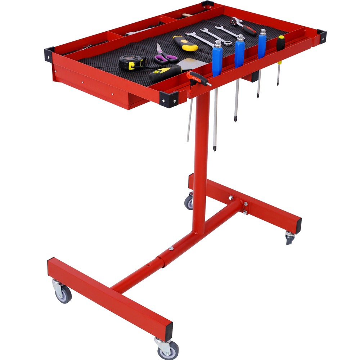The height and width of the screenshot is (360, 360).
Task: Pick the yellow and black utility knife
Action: (185, 43)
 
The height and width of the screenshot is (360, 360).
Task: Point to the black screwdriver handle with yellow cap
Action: (280, 43)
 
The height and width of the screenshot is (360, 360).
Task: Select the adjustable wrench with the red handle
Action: (244, 26)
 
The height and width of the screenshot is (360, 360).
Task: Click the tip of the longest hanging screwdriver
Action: (215, 148)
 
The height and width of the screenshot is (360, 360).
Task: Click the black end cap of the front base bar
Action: (168, 330)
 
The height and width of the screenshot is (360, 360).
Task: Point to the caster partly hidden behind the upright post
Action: (189, 202)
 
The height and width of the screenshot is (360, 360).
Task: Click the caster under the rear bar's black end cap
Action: (290, 238)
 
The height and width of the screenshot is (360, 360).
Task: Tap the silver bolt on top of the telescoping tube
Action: (171, 248)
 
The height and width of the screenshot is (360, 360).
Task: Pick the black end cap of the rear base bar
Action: (298, 225)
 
